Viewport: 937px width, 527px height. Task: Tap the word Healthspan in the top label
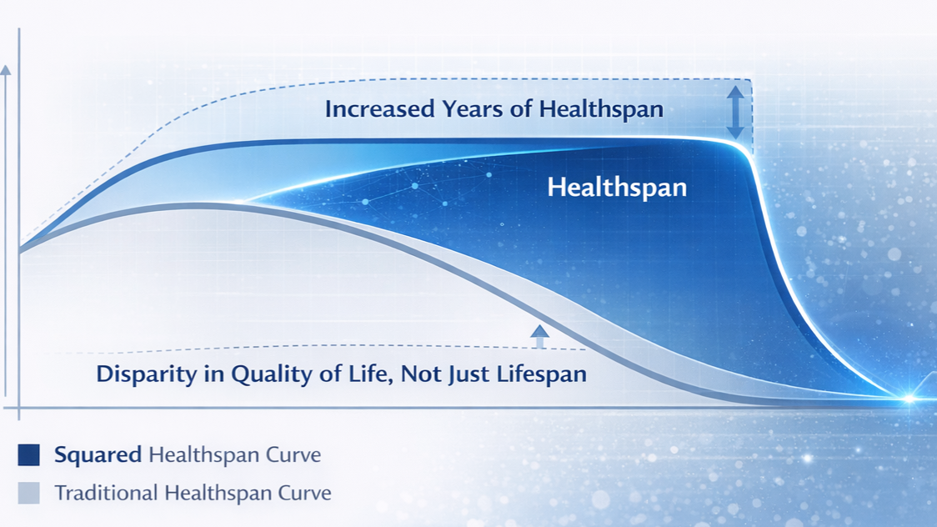(x=601, y=110)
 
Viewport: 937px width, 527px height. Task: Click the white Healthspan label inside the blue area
(x=617, y=188)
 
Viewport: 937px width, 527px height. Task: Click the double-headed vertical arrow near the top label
(x=735, y=113)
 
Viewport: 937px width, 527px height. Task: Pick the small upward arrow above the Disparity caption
(x=539, y=336)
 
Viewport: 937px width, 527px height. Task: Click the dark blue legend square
(x=28, y=454)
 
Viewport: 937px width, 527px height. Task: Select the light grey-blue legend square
(x=28, y=493)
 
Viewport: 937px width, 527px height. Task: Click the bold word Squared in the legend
(x=98, y=455)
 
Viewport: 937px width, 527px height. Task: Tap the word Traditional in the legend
(x=106, y=493)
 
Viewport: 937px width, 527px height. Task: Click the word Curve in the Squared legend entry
(x=293, y=455)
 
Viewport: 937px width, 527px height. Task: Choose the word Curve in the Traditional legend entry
(x=303, y=493)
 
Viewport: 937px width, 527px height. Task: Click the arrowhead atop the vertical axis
(x=5, y=70)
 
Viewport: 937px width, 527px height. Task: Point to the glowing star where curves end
(x=909, y=398)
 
